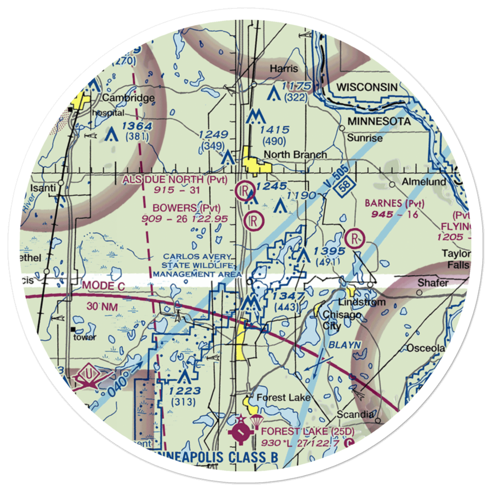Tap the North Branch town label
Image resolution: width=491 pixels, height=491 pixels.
point(295,155)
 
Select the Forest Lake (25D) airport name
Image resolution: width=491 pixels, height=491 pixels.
point(307,432)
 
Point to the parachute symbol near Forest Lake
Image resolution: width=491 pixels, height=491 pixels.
point(257,421)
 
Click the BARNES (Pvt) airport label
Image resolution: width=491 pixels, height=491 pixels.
point(394,203)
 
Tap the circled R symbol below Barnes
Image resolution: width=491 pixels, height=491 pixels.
point(354,239)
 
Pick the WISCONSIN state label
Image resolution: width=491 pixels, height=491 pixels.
point(367,87)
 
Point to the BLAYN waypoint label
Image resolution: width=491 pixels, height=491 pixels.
point(346,345)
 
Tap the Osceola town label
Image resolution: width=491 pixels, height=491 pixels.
point(425,348)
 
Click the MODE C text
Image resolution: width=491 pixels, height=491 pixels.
point(105,285)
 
